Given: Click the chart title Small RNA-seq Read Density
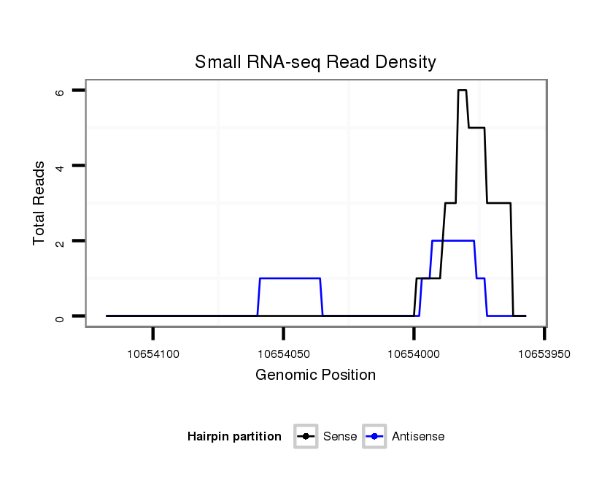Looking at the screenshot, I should pyautogui.click(x=315, y=62).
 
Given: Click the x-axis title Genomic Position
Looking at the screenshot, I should pyautogui.click(x=315, y=375).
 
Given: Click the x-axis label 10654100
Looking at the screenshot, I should pyautogui.click(x=153, y=354).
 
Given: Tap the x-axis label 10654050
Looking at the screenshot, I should pyautogui.click(x=284, y=354).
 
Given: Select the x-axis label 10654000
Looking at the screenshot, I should pyautogui.click(x=414, y=354).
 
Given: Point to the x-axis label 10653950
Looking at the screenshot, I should pyautogui.click(x=544, y=354).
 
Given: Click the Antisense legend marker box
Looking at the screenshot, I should pyautogui.click(x=374, y=437).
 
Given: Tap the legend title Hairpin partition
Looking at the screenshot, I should pyautogui.click(x=234, y=437).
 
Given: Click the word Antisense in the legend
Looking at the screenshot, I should pyautogui.click(x=418, y=437).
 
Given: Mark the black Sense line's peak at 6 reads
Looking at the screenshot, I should pyautogui.click(x=462, y=90).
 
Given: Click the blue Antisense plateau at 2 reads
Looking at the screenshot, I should pyautogui.click(x=453, y=240).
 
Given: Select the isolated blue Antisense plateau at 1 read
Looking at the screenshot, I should pyautogui.click(x=290, y=278).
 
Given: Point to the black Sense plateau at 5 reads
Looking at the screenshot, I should pyautogui.click(x=476, y=128).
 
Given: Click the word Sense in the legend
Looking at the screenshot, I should pyautogui.click(x=339, y=437).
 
